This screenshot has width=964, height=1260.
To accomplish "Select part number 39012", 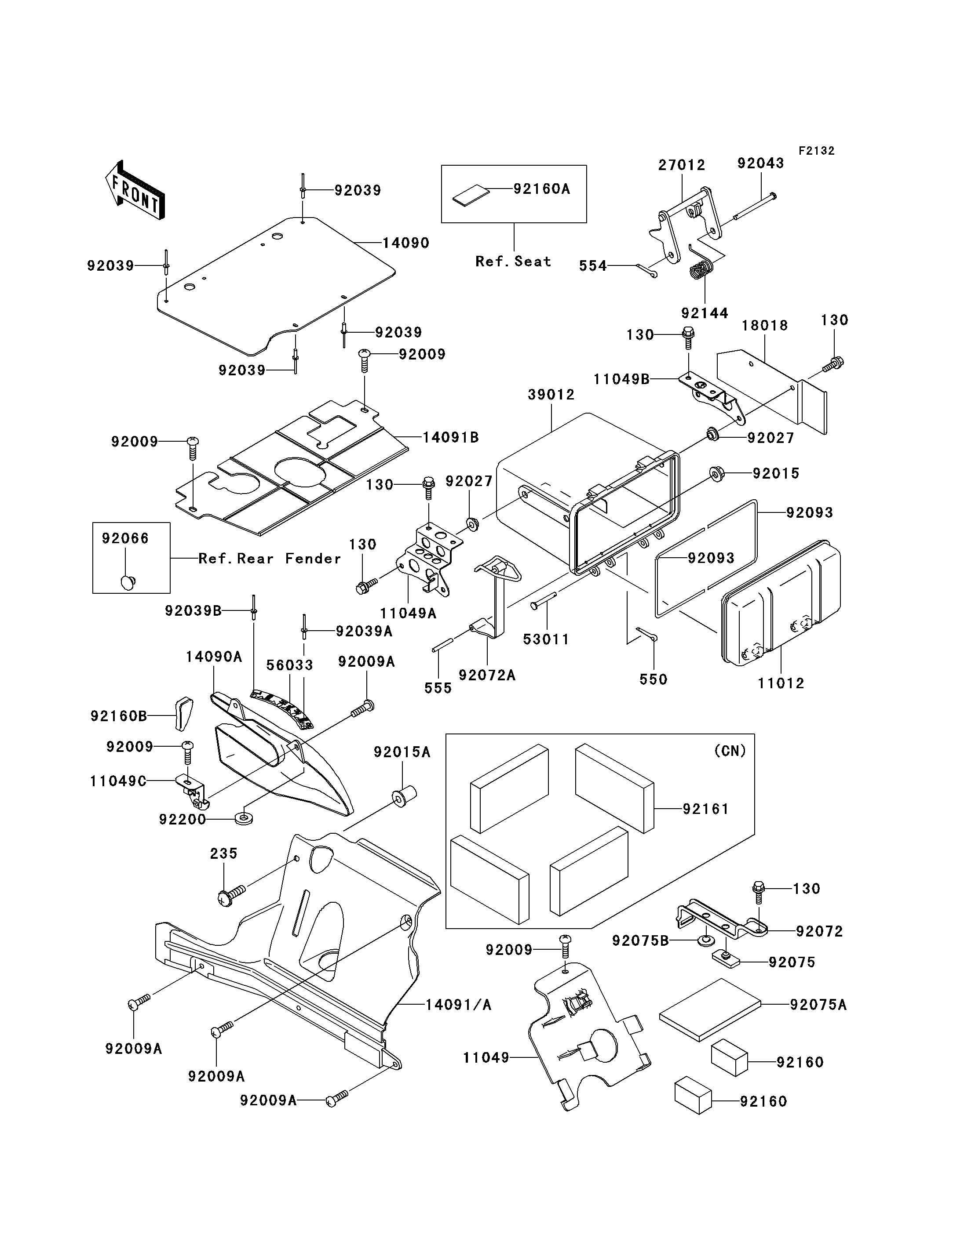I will pos(551,395).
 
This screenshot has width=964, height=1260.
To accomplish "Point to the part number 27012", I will pos(682,165).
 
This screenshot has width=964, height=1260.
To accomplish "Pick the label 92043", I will pos(761,163).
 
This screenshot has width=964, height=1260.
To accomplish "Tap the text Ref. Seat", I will pos(513,261).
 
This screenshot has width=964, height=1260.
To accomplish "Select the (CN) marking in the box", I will pos(730,751).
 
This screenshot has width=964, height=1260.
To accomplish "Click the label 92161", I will pos(705,809).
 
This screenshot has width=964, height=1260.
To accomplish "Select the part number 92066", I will pos(125,538).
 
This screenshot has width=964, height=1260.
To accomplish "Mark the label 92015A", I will pos(402,752).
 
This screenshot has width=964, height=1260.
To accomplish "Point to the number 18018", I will pos(765,326).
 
